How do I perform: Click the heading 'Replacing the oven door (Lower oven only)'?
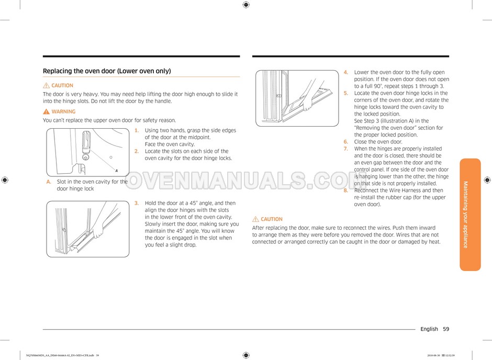pyautogui.click(x=107, y=71)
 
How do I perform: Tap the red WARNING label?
pyautogui.click(x=63, y=111)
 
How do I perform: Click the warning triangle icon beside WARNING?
pyautogui.click(x=47, y=111)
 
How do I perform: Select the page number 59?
pyautogui.click(x=445, y=329)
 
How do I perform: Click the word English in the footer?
pyautogui.click(x=429, y=329)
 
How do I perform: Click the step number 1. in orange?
pyautogui.click(x=137, y=130)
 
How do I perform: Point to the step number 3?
pyautogui.click(x=137, y=203)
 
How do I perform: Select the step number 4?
pyautogui.click(x=346, y=72)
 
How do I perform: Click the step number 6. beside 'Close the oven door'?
pyautogui.click(x=346, y=142)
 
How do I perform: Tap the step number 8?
pyautogui.click(x=346, y=190)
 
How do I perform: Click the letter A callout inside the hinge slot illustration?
pyautogui.click(x=116, y=171)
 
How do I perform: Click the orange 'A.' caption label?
pyautogui.click(x=49, y=182)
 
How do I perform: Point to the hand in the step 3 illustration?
pyautogui.click(x=96, y=228)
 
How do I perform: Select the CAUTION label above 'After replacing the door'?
pyautogui.click(x=271, y=219)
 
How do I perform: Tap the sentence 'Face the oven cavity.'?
pyautogui.click(x=170, y=144)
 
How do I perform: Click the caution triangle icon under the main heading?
pyautogui.click(x=47, y=85)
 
